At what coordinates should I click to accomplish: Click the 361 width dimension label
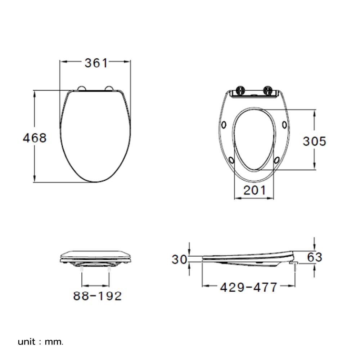(x=96, y=63)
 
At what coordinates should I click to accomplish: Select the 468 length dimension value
(x=35, y=138)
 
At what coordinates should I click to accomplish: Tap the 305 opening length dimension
(x=314, y=141)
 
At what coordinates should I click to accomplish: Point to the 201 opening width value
(x=255, y=190)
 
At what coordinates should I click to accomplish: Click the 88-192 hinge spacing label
(x=98, y=296)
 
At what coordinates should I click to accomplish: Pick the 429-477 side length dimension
(x=249, y=287)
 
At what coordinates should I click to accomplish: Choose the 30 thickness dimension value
(x=179, y=259)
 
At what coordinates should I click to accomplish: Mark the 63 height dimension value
(x=315, y=257)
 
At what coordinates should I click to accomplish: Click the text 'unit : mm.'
(x=41, y=341)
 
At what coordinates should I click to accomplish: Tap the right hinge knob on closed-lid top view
(x=108, y=88)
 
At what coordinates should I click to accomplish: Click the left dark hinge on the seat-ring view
(x=240, y=90)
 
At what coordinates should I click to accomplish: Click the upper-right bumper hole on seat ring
(x=285, y=125)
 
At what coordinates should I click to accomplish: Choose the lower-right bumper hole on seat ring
(x=278, y=159)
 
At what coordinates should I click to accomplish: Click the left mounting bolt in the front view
(x=82, y=269)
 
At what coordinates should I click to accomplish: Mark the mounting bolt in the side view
(x=296, y=267)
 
